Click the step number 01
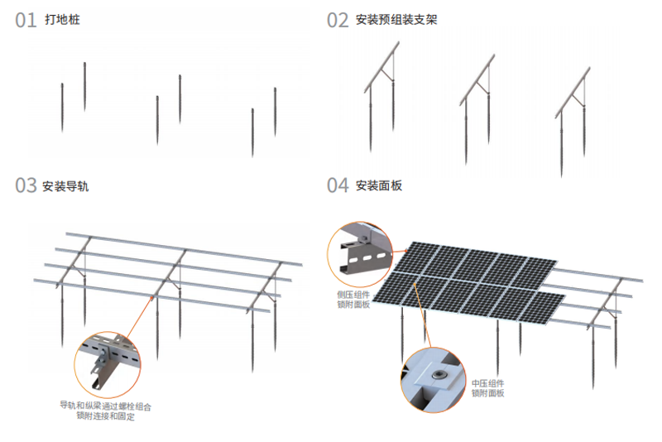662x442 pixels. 26,20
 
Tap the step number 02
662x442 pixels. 338,20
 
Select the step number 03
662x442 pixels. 26,185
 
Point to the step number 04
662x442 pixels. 338,185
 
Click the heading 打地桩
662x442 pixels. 63,19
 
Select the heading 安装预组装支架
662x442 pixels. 396,19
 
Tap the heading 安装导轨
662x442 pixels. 65,185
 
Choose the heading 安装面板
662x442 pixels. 379,185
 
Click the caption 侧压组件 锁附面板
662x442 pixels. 353,300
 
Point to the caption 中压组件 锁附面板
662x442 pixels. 487,388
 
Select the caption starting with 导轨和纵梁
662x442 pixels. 106,411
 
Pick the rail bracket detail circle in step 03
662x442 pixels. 108,364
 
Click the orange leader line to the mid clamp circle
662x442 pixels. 424,316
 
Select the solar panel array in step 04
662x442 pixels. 468,283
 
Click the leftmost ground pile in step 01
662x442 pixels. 62,108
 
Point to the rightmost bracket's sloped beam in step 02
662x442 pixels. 573,93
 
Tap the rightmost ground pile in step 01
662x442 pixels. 276,112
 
